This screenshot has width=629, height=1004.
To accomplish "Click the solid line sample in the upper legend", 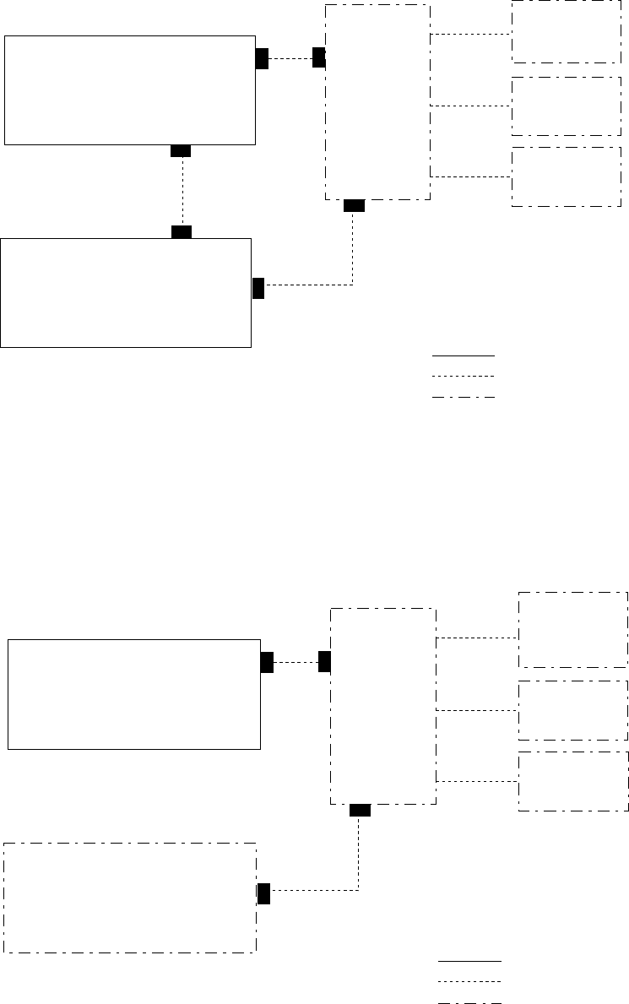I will [x=463, y=355].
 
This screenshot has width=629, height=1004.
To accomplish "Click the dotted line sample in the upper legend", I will [x=463, y=376].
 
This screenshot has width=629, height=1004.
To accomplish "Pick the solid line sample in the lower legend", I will [x=469, y=961].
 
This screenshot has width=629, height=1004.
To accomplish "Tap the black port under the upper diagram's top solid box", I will [x=180, y=150].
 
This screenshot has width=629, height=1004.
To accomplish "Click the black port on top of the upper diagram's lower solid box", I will [x=181, y=232].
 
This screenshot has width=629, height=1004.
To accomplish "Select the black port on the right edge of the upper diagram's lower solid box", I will [x=258, y=288].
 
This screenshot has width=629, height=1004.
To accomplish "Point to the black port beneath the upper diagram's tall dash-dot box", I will [x=355, y=205].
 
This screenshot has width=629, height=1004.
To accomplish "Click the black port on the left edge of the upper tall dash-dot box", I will [x=318, y=57].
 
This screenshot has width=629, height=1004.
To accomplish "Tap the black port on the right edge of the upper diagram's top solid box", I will [x=262, y=58].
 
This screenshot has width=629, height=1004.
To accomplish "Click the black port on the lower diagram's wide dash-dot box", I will [x=263, y=893].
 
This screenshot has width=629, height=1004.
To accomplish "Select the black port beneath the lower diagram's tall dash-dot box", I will [x=360, y=811].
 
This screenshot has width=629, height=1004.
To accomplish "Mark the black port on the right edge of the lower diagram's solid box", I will [x=267, y=663].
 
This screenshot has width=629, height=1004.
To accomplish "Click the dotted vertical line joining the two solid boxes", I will [x=182, y=192].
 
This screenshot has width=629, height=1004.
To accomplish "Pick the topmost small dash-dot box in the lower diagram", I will [x=572, y=630].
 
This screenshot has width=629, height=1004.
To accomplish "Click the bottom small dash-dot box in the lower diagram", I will [x=572, y=781].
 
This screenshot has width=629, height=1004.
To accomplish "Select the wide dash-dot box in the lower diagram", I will [x=130, y=897].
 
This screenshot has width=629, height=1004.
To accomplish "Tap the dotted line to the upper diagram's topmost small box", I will [x=470, y=34].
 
